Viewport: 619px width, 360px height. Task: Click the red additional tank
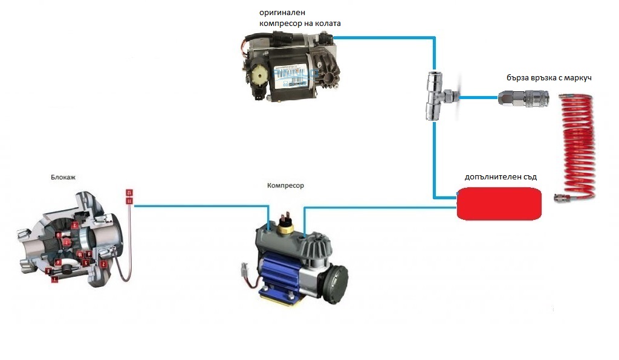499,203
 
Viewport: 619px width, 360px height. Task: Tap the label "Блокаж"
64,178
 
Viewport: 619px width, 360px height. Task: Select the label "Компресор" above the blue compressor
285,185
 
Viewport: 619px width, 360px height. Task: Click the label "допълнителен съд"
501,177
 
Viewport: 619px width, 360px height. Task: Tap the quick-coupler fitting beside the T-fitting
519,97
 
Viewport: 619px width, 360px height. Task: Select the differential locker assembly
73,239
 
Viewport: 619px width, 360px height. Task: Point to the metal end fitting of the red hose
563,196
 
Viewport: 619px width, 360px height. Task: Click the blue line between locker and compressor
199,206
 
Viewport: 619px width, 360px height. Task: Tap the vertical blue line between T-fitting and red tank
434,157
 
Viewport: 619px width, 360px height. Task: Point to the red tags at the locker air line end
129,196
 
